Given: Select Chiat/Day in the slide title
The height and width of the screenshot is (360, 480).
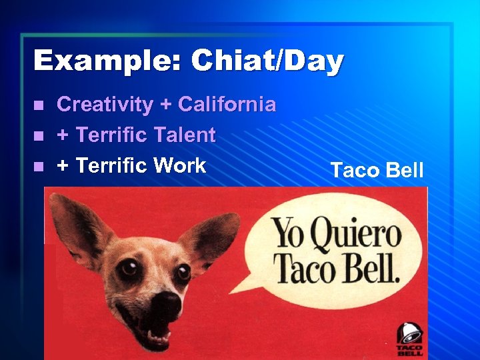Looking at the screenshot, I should pos(267,61).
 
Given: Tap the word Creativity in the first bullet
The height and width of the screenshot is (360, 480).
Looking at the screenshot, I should pos(105,105).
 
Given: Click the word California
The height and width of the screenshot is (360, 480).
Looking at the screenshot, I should pos(227,105).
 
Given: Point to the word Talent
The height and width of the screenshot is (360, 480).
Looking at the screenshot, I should pos(184,135).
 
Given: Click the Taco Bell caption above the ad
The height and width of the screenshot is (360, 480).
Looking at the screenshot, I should pos(377,170).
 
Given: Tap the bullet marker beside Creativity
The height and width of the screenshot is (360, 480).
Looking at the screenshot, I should pos(41,105).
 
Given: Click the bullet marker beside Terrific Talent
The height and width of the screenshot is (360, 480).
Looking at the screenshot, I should pos(41,136).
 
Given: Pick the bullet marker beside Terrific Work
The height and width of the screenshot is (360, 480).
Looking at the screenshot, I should pos(41,166).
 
